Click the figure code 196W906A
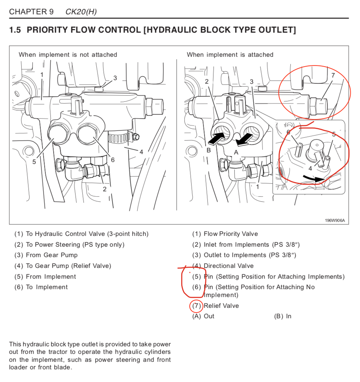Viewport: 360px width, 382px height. point(334,220)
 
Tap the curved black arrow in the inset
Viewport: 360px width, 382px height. point(314,178)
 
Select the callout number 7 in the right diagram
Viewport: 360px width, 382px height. point(333,75)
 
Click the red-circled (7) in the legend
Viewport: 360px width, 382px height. point(196,306)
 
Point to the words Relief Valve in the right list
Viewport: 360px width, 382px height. point(221,306)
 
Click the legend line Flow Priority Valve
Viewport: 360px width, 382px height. point(231,234)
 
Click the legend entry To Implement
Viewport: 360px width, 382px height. point(46,287)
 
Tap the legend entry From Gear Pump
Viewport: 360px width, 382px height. point(51,255)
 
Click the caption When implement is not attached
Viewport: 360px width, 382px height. point(68,55)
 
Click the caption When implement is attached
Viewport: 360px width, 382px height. point(230,55)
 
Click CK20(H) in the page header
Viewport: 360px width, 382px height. point(81,12)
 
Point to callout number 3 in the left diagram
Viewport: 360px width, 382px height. point(115,78)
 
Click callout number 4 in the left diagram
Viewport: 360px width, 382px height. point(141,152)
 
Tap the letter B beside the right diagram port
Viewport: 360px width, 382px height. point(208,150)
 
